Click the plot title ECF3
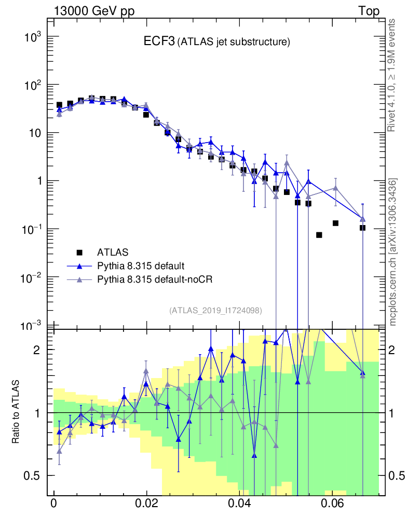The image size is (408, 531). click(x=159, y=42)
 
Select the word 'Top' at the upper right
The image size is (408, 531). click(x=369, y=11)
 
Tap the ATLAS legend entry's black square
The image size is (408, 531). click(x=79, y=253)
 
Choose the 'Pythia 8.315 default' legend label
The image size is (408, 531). click(x=141, y=266)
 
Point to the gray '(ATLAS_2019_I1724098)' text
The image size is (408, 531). click(x=215, y=311)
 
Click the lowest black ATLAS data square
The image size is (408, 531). click(x=319, y=235)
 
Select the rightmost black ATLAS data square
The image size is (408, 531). click(x=362, y=228)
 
